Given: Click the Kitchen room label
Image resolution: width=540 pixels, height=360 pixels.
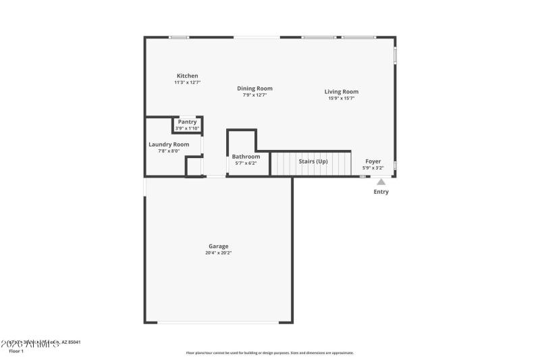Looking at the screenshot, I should coord(187,76).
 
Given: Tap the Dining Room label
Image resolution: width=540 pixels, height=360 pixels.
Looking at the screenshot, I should coord(254,88).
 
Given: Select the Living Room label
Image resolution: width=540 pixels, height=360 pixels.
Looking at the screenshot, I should coord(341,92).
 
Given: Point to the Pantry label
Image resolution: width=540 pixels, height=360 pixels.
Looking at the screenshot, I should coord(187,122).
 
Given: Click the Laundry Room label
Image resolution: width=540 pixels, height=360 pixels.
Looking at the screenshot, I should coord(169,145).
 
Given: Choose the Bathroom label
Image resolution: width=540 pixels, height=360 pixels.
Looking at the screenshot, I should coord(246,157).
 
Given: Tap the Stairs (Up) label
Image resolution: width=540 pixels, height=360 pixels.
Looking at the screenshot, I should coord(313,161).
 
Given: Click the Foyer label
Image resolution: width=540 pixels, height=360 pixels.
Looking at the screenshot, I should coord(373,161).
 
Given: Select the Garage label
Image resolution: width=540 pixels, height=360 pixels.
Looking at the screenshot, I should coord(218,246).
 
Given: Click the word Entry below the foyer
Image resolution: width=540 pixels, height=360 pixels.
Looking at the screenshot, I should coord(381,192).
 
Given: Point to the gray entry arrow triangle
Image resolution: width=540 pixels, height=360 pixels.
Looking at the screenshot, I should coord(381,182).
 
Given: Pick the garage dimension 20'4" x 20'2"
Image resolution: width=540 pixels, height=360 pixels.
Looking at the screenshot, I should coord(218,253).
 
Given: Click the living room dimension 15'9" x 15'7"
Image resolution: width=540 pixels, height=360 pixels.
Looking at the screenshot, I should coord(341,99).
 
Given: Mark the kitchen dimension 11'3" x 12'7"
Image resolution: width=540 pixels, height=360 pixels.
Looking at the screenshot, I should coord(187,82).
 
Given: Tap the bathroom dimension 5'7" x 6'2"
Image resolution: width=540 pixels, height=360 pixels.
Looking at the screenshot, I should coord(246,163).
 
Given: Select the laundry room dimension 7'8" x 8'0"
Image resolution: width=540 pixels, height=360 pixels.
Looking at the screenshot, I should coord(169,151).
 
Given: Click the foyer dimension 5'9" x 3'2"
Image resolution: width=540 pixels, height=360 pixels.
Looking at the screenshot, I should coord(373,168).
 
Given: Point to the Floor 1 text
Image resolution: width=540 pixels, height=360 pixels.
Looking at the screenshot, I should coord(16,351).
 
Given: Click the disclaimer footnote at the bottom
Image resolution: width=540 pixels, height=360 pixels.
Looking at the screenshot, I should coord(269,353).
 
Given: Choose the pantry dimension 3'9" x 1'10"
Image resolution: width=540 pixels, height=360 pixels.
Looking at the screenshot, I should coord(187,128).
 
